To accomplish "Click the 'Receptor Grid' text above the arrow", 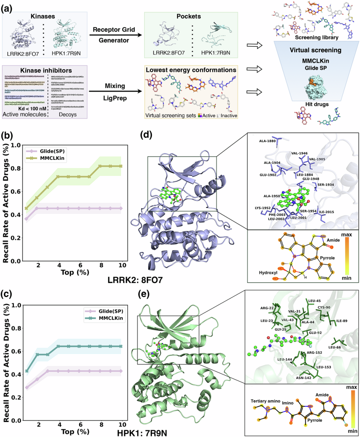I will click(x=114, y=30).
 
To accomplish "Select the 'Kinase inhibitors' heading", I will click(x=46, y=70).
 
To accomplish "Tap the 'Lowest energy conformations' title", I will click(x=191, y=70).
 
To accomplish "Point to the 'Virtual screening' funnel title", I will click(x=315, y=50).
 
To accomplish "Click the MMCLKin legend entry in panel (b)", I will click(x=52, y=159).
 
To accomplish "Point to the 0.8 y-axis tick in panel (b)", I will click(x=16, y=168).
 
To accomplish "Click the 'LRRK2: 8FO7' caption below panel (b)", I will click(x=135, y=280).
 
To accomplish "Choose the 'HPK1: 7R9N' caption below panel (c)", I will click(x=142, y=433).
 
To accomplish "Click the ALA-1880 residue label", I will click(x=267, y=141).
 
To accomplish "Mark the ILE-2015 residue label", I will click(x=326, y=212).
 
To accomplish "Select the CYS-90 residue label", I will click(x=324, y=307).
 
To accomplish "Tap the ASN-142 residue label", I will click(x=304, y=378).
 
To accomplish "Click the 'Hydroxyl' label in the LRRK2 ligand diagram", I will click(x=268, y=272).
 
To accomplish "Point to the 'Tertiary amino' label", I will click(x=265, y=401).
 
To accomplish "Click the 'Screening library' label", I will click(x=317, y=38).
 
